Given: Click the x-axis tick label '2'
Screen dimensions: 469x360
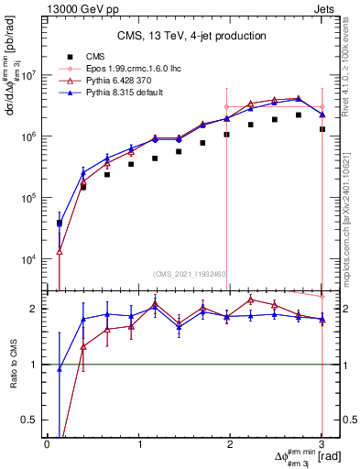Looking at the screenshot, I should coord(230,443).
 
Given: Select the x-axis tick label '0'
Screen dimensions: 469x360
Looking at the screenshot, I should coord(47,443).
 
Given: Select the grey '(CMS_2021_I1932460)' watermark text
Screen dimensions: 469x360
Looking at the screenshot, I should coord(190,273).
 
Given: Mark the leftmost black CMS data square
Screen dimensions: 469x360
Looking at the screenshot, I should coord(60,223).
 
